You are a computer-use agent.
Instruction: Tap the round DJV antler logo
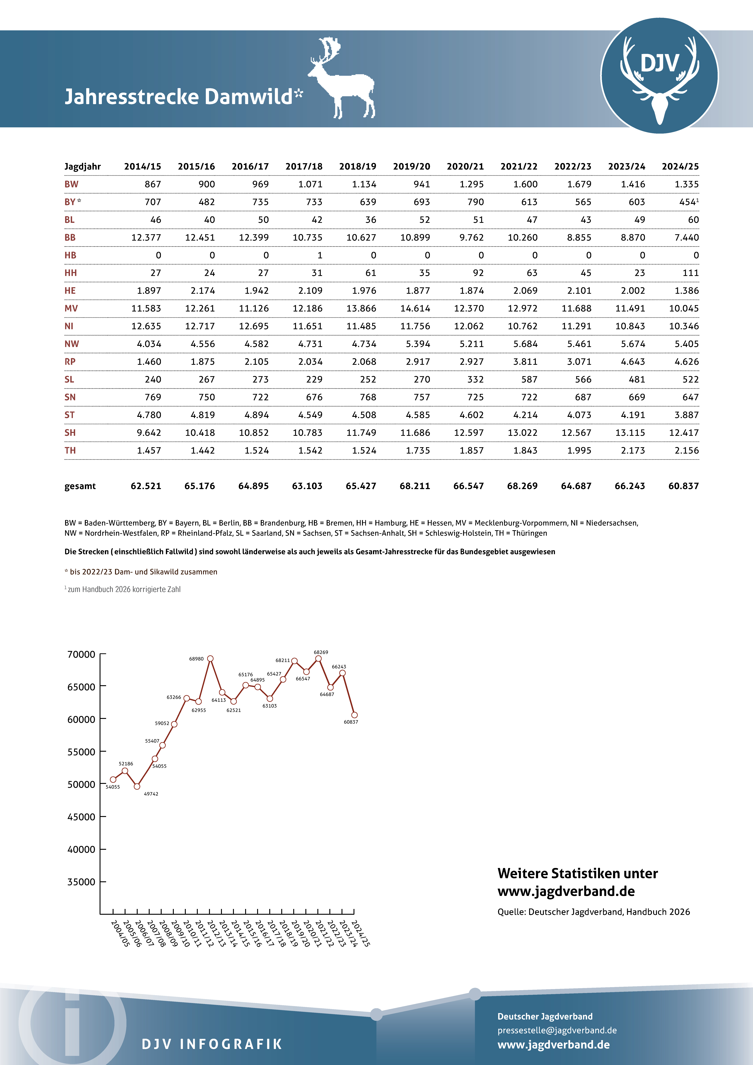coord(659,76)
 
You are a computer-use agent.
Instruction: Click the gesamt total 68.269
coord(522,486)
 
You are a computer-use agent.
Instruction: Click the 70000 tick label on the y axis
coord(81,655)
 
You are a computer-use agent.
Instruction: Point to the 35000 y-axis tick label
coord(81,882)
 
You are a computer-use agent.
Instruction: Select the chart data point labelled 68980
coord(210,659)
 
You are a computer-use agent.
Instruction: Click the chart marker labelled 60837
coord(354,715)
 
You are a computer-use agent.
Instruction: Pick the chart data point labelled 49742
coord(137,786)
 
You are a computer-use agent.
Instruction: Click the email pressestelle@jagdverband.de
coord(557,1030)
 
